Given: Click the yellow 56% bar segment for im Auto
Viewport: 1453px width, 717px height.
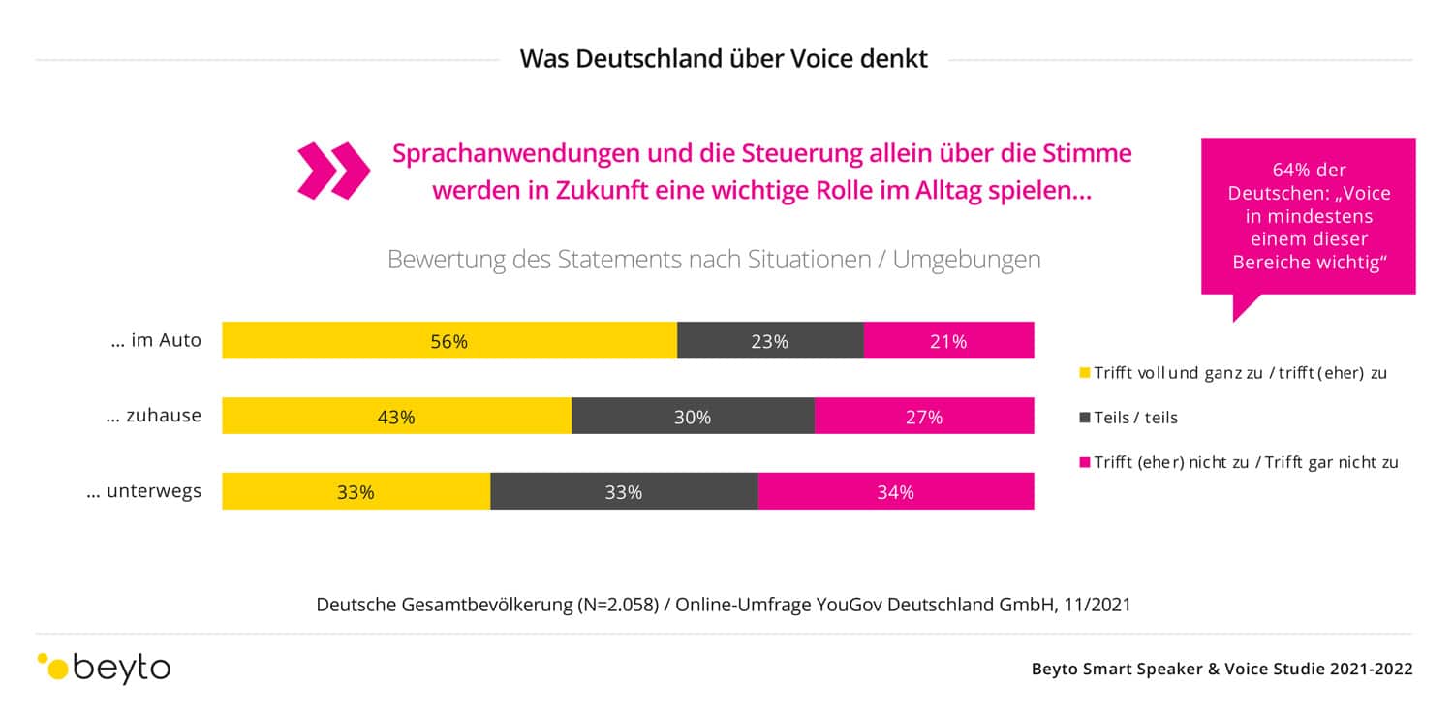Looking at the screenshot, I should (448, 341).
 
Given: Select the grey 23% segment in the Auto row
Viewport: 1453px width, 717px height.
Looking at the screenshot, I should (770, 341).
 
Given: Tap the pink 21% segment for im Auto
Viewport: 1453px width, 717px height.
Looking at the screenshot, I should (948, 341).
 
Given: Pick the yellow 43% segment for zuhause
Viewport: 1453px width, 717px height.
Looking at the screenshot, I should (396, 417).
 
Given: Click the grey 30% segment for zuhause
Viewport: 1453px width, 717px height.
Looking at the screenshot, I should (693, 417).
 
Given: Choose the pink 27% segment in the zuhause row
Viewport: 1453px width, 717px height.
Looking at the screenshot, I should (924, 417).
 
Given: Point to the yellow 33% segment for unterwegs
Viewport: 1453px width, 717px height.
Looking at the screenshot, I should (356, 491).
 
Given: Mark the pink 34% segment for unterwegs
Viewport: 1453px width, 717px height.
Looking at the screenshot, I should (896, 491).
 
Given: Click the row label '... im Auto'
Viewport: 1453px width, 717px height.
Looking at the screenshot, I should (156, 340).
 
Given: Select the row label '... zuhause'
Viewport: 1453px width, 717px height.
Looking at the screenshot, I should (155, 416).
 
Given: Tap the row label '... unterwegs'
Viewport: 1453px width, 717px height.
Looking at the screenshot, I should (144, 491).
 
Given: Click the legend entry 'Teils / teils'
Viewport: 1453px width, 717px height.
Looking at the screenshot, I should (1135, 418).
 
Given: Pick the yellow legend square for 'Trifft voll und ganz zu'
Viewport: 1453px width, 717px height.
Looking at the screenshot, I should (1085, 373).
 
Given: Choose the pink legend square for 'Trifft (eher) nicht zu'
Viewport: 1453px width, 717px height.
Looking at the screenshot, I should (1085, 462).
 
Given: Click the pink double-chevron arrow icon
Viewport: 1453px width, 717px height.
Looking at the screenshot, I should (333, 171).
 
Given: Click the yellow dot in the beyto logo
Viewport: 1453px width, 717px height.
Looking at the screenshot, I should (58, 669).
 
